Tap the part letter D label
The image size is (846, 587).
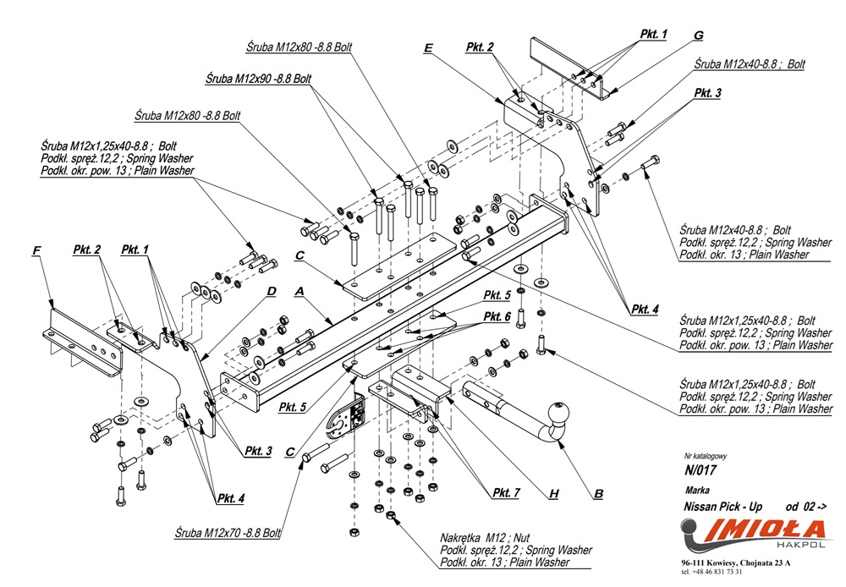(271, 292)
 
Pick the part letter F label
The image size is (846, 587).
(36, 250)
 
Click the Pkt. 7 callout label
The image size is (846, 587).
(506, 492)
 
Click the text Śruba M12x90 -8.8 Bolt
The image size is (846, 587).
(259, 78)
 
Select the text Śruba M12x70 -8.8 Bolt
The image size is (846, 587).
(228, 534)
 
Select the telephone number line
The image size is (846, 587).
(715, 572)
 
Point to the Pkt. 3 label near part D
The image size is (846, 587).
(258, 452)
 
